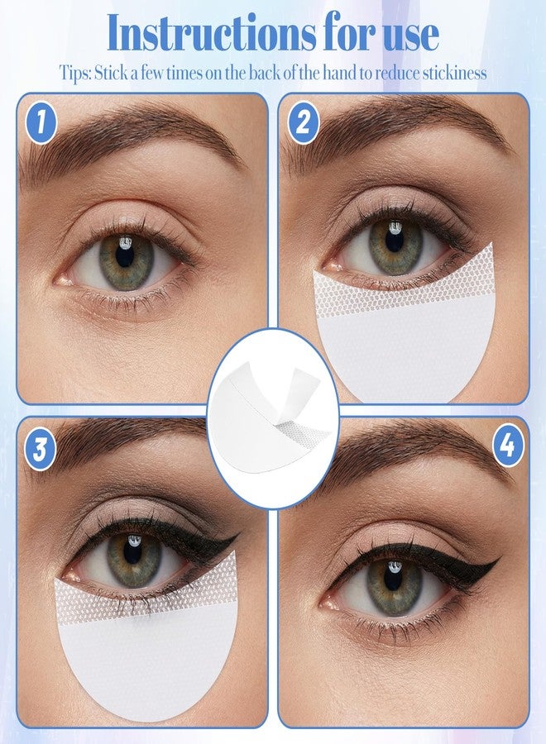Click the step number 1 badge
(x=41, y=123)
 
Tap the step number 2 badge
(x=303, y=122)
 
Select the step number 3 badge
(x=41, y=448)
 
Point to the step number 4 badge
(x=508, y=445)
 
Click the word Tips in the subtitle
(x=74, y=74)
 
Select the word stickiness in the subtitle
(x=454, y=74)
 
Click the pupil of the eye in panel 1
(x=125, y=255)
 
